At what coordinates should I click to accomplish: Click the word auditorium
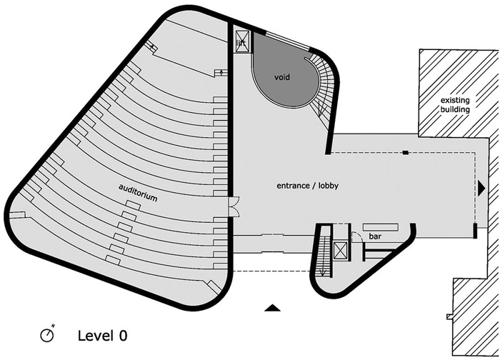[x=138, y=193]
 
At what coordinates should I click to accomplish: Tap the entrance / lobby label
[x=307, y=186]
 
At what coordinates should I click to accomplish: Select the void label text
[x=282, y=77]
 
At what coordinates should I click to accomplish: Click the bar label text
[x=375, y=236]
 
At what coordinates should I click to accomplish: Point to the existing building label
[x=455, y=105]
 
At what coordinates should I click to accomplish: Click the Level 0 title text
[x=102, y=336]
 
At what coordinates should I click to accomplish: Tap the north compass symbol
[x=48, y=334]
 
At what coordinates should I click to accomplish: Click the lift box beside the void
[x=241, y=41]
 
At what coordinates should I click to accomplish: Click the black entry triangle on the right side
[x=481, y=189]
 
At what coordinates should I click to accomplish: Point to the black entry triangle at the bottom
[x=273, y=308]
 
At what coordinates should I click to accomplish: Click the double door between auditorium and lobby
[x=234, y=207]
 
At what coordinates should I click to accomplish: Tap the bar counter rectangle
[x=381, y=227]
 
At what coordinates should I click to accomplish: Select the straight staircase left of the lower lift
[x=324, y=252]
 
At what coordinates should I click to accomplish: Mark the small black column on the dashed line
[x=405, y=153]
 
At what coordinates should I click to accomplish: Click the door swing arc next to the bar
[x=357, y=235]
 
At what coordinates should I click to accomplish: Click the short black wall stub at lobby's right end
[x=475, y=231]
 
